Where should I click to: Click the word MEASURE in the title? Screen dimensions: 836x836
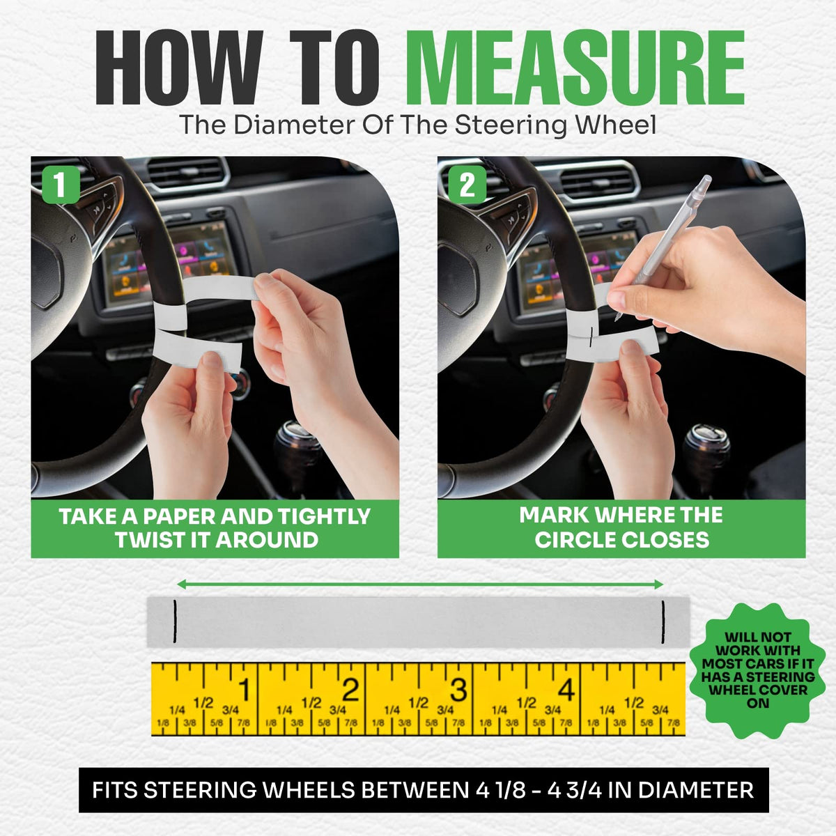575,68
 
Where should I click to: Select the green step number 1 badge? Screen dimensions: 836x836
61,185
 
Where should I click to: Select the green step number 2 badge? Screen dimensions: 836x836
467,185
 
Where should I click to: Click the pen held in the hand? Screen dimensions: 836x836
664,247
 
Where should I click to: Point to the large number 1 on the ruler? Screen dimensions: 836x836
245,689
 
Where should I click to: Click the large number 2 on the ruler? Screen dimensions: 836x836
350,689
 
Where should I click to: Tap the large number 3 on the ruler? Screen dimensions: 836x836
458,689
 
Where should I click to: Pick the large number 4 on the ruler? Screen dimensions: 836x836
566,689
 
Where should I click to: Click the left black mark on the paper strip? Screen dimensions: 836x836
174,621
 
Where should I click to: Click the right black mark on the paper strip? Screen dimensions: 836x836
663,621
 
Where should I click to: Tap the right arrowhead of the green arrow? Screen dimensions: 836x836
658,585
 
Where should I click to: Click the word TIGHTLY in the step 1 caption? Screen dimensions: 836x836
324,516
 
